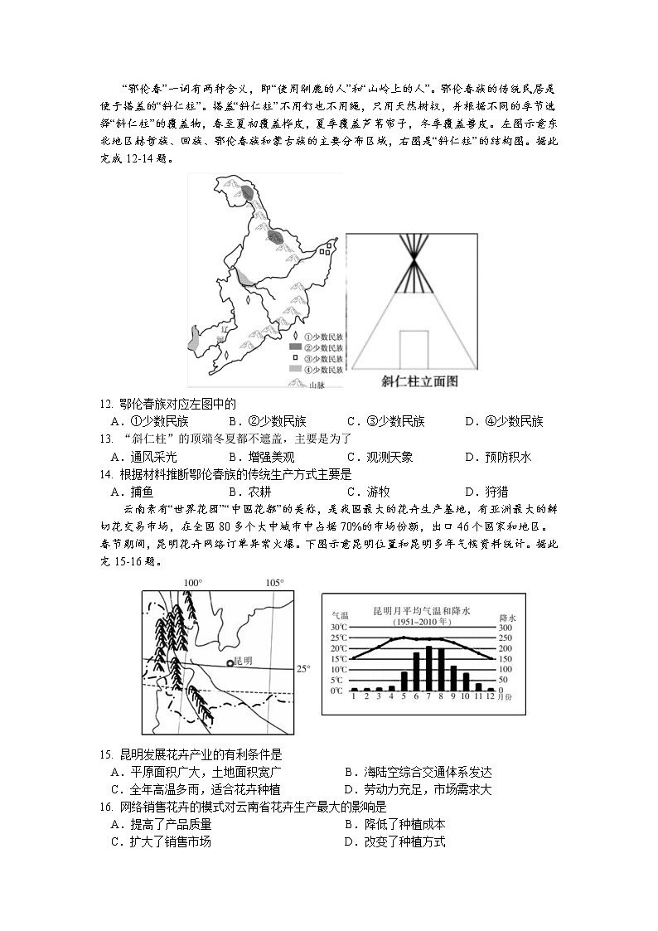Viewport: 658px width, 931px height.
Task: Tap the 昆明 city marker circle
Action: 230,662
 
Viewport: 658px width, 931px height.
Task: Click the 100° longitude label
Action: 192,583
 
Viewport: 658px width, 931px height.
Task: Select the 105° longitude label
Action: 274,583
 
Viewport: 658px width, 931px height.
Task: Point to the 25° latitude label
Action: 303,668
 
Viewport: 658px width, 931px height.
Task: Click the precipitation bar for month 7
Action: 428,668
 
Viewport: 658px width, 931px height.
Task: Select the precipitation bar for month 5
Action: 404,681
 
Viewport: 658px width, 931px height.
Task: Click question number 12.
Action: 105,405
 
